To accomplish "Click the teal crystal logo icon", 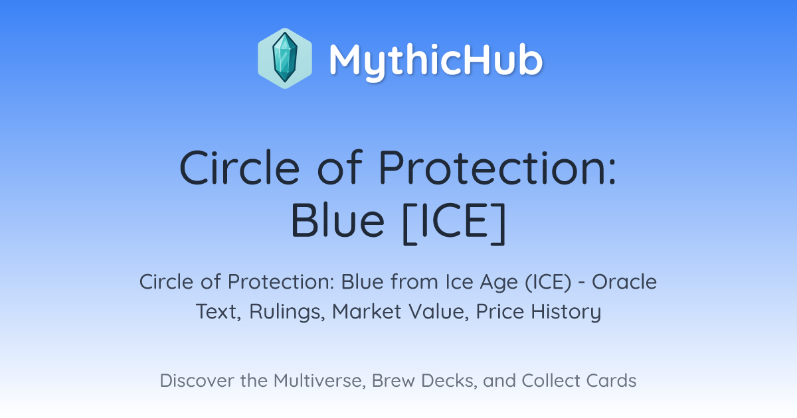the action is (x=285, y=58).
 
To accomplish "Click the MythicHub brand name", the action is (x=436, y=61).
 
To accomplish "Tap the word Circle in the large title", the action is (x=240, y=167).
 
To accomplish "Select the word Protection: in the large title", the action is (x=497, y=167).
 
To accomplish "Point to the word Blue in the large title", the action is (x=337, y=220).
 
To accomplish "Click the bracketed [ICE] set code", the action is (x=454, y=223).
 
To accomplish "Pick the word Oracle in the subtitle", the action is (x=624, y=282).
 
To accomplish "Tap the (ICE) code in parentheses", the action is (x=548, y=283).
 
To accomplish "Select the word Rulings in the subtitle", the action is (x=287, y=313).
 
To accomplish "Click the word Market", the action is (x=367, y=311).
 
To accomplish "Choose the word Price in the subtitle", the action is (x=500, y=311).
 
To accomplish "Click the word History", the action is (x=566, y=313).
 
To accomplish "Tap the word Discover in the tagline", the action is (x=197, y=381).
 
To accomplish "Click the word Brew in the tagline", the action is (x=393, y=381).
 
